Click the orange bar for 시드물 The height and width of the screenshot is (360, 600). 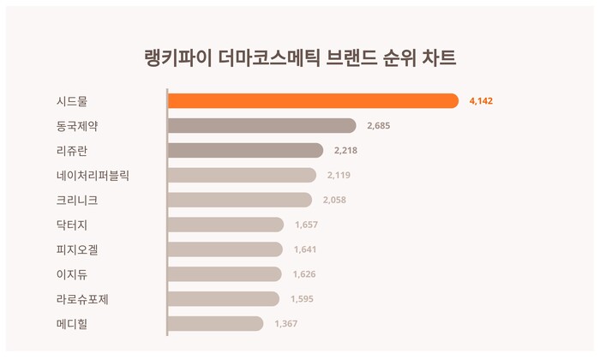click(x=313, y=101)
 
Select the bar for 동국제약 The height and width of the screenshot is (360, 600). click(x=261, y=126)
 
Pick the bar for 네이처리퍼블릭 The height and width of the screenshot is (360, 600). click(x=242, y=176)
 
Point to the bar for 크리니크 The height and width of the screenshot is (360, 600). click(x=239, y=200)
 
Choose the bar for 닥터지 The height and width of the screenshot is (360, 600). click(x=225, y=225)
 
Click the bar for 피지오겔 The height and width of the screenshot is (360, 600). click(x=225, y=249)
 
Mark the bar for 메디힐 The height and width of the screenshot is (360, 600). click(x=215, y=323)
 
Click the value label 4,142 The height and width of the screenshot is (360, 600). click(x=481, y=101)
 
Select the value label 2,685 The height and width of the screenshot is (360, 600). click(x=378, y=126)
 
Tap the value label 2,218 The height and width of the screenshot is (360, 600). click(x=345, y=151)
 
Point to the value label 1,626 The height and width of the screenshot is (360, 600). click(x=304, y=274)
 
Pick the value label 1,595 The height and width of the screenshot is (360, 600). click(x=302, y=299)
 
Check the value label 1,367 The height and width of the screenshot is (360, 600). click(x=285, y=323)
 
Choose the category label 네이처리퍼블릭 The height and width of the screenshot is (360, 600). click(x=94, y=176)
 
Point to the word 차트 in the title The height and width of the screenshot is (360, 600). click(x=437, y=58)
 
